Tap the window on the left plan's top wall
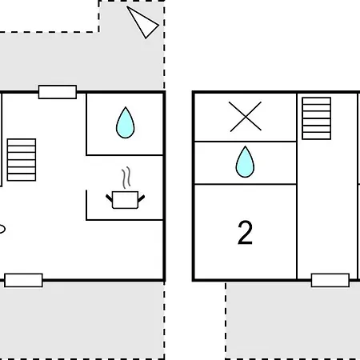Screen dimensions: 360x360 click(x=58, y=92)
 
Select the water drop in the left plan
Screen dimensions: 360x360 click(x=125, y=122)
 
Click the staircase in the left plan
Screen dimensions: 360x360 click(x=22, y=160)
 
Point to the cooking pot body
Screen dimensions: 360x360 click(x=125, y=200)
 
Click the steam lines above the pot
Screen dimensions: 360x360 click(x=126, y=178)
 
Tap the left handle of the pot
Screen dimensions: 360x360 click(x=109, y=198)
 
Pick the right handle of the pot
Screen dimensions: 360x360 click(x=142, y=198)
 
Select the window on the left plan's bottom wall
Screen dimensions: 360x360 click(x=23, y=280)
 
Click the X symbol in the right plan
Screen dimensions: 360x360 click(x=246, y=117)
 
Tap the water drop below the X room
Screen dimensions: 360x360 click(x=245, y=162)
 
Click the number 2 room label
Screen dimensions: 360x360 click(x=245, y=232)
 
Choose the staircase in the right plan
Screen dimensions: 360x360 click(x=317, y=118)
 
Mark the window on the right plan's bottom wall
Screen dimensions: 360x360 click(x=330, y=280)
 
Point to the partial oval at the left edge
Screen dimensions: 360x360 click(x=2, y=229)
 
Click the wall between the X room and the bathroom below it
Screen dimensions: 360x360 click(x=246, y=142)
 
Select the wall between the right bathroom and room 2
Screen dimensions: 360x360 click(x=246, y=184)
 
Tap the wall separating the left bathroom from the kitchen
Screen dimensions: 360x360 click(x=125, y=155)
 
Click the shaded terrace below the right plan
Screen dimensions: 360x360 click(x=293, y=322)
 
